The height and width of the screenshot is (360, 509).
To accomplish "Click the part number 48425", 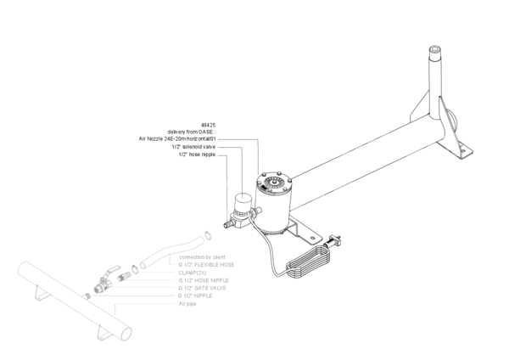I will pyautogui.click(x=209, y=124).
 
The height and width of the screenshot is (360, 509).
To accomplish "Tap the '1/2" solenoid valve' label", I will pyautogui.click(x=193, y=147).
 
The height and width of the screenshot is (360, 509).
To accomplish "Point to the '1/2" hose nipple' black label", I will pyautogui.click(x=197, y=155).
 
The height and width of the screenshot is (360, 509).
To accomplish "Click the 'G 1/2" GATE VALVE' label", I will pyautogui.click(x=204, y=288).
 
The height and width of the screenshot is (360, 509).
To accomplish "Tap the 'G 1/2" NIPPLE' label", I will pyautogui.click(x=197, y=295).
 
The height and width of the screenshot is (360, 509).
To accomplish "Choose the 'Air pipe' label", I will pyautogui.click(x=187, y=303).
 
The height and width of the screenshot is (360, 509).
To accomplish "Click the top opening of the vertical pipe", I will pyautogui.click(x=435, y=53).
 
